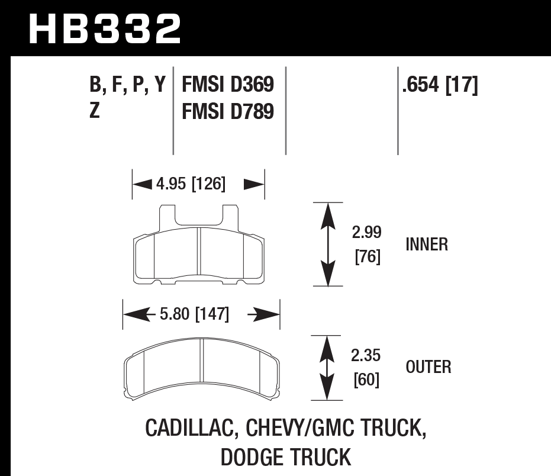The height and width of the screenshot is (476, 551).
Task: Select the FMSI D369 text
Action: tap(228, 85)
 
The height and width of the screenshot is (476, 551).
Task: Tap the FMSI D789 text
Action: tap(228, 111)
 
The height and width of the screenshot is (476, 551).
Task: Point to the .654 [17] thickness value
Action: tap(439, 85)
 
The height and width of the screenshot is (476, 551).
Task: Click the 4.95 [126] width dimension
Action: tap(191, 184)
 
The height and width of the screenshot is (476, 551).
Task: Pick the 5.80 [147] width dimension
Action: tap(194, 313)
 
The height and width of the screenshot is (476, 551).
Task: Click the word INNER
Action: tap(427, 245)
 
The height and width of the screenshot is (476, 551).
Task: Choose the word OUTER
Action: tap(428, 367)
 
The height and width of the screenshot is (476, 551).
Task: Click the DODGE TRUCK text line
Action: tap(285, 457)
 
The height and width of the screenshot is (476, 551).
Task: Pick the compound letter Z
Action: tap(95, 111)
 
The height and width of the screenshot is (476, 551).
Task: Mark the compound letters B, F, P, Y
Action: tap(127, 85)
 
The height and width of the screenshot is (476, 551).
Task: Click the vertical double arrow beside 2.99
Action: tap(327, 244)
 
